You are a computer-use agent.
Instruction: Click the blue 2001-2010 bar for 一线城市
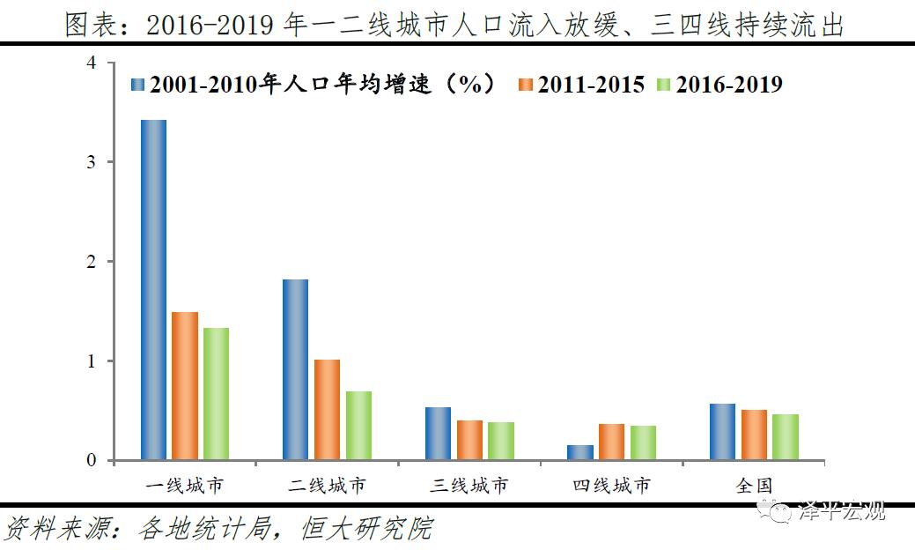tap(153, 290)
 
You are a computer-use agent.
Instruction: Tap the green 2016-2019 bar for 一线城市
tap(216, 394)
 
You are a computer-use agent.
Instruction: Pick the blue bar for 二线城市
tap(295, 369)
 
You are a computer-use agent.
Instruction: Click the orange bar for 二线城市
tap(327, 410)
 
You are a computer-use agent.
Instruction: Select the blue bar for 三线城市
tap(438, 434)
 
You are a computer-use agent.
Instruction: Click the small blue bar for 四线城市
tap(580, 452)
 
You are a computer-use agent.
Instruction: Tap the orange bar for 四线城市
tap(612, 442)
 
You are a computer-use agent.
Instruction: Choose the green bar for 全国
tap(786, 437)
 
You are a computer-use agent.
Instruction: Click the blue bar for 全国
tap(722, 432)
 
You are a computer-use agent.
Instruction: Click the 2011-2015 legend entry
tap(581, 85)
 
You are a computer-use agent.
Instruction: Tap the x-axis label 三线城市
tap(469, 486)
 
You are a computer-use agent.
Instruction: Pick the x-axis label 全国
tap(754, 486)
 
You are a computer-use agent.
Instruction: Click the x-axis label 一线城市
tap(184, 486)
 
